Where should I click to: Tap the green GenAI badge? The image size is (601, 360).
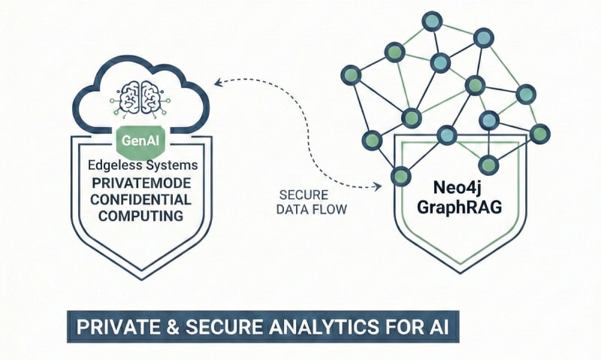tap(142, 138)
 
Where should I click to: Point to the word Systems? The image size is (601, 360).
tap(172, 164)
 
